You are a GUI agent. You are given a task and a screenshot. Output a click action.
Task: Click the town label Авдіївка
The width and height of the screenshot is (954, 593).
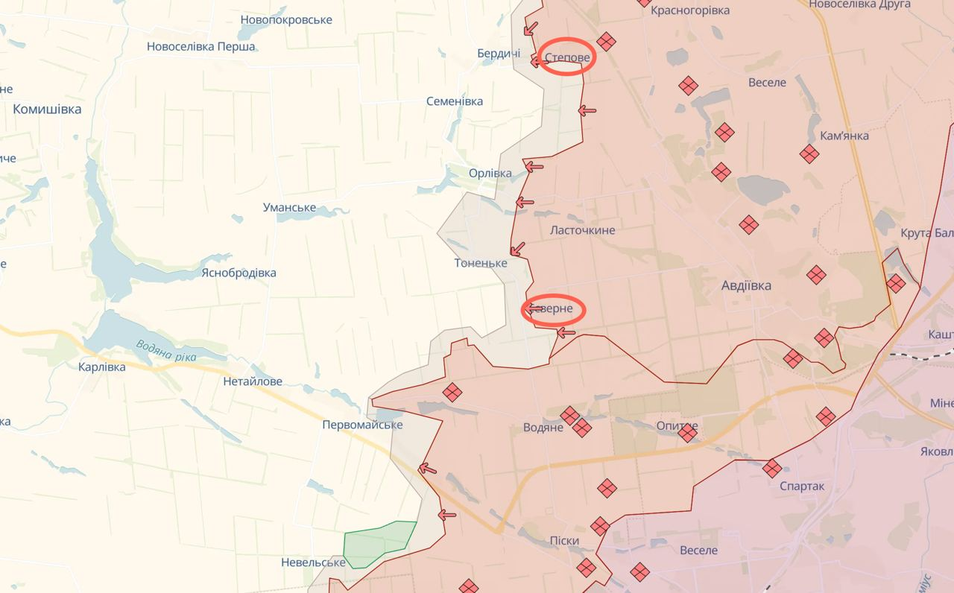click(x=746, y=285)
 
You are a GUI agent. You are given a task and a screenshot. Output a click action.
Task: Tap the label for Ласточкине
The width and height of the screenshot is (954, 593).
click(x=582, y=230)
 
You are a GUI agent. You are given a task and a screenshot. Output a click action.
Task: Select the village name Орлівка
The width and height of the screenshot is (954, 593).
click(x=490, y=174)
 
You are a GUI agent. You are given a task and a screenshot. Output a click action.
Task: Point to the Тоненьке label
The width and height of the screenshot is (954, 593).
click(x=481, y=263)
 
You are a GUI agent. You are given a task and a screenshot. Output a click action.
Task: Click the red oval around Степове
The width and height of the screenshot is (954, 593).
click(x=566, y=57)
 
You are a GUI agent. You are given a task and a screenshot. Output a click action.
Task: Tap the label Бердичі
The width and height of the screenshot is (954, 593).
click(x=499, y=54)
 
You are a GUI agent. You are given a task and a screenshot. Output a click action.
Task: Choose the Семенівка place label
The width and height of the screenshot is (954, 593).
click(x=454, y=101)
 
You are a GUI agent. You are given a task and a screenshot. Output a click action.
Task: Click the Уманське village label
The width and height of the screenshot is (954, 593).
click(x=289, y=208)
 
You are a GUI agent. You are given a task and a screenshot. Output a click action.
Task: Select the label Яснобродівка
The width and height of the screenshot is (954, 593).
click(x=238, y=273)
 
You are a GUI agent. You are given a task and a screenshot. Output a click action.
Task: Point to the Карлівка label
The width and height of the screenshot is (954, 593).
click(x=102, y=367)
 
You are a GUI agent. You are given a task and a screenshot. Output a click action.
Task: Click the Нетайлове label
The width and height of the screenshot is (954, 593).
click(x=253, y=381)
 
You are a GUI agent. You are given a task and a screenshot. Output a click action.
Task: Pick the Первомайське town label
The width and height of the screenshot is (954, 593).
click(x=362, y=425)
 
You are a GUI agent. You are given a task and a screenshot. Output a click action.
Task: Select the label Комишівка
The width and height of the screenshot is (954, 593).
click(x=47, y=109)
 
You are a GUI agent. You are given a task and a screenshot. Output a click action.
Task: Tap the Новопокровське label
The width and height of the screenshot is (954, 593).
click(x=286, y=19)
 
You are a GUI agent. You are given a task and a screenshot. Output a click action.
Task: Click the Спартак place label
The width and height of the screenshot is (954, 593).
click(x=801, y=486)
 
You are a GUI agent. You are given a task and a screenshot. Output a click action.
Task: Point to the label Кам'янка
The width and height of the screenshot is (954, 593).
click(x=844, y=136)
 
